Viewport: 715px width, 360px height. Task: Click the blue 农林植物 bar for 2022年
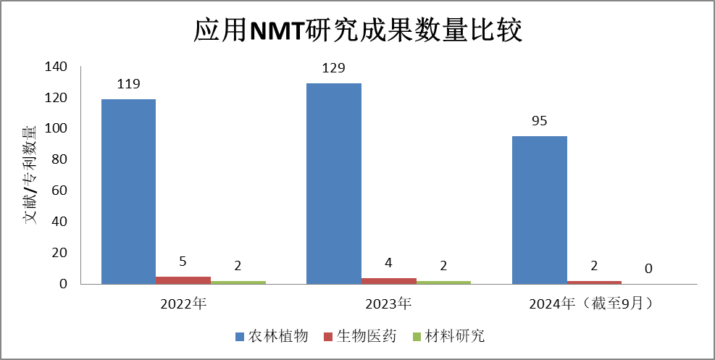(x=128, y=191)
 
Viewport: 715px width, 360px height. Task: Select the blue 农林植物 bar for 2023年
(x=334, y=183)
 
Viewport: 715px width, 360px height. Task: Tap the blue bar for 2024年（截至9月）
(x=540, y=209)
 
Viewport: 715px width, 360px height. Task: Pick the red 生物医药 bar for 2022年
(x=183, y=280)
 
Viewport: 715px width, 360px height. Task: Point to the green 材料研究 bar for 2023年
(x=443, y=282)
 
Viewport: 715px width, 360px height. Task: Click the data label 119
(x=128, y=84)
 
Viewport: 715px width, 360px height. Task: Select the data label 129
(x=334, y=68)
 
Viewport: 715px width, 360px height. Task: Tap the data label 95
(x=539, y=121)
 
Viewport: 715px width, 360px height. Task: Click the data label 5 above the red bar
(x=183, y=261)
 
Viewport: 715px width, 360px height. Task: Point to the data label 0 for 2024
(x=648, y=269)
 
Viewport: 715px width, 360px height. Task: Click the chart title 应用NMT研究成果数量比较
(x=357, y=31)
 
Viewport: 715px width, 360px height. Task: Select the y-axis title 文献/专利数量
(x=30, y=175)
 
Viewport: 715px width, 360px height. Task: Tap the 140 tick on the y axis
(x=56, y=67)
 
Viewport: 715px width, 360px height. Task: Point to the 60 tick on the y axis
(x=59, y=191)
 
